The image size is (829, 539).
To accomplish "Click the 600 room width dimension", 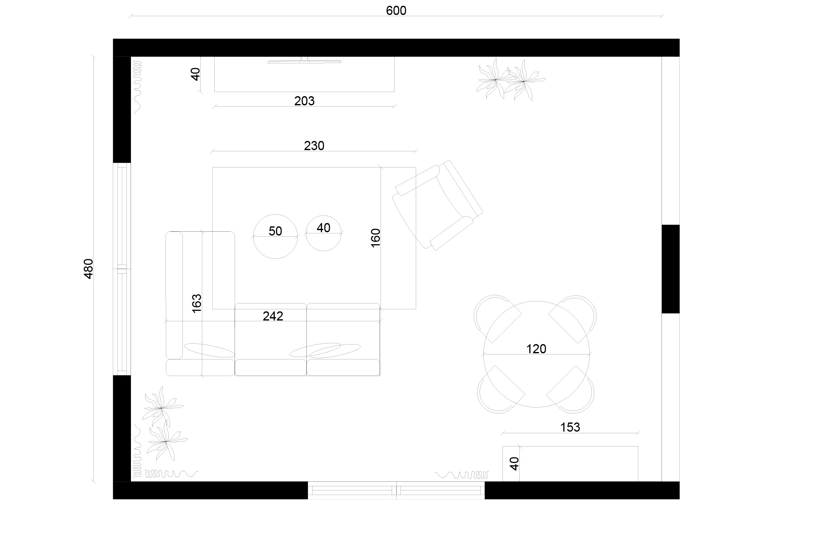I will click(x=396, y=11).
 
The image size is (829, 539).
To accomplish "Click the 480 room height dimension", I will click(x=89, y=268).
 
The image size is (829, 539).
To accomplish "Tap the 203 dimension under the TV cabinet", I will click(x=304, y=101).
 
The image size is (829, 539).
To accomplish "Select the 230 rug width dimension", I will click(x=314, y=146).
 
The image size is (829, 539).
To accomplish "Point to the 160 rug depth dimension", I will click(x=375, y=238).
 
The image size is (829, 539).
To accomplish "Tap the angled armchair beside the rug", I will click(x=438, y=205).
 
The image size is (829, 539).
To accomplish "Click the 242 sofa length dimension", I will click(x=273, y=316).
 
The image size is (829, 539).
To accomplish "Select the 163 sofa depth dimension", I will click(x=196, y=303).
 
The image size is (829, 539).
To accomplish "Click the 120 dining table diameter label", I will click(x=536, y=349).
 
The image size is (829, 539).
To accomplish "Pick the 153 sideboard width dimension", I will click(x=570, y=427).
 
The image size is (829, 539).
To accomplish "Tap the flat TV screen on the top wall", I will click(x=304, y=62).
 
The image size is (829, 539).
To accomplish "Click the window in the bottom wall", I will click(x=396, y=490).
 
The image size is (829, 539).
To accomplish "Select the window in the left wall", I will click(x=122, y=269).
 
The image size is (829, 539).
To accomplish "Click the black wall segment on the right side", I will click(x=670, y=269).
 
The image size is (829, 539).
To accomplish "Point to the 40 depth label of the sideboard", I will click(x=514, y=463).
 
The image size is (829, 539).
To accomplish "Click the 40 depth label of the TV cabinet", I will click(x=196, y=74).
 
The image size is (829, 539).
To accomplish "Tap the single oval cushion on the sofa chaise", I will click(x=209, y=350).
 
